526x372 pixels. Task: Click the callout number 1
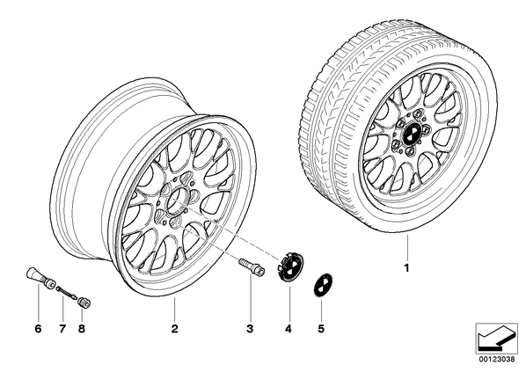pos(407,268)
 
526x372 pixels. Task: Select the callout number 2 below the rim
pos(174,329)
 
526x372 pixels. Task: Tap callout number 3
pos(250,329)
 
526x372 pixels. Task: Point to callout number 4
pos(289,329)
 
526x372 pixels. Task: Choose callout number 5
pos(321,329)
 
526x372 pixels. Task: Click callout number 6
pos(38,329)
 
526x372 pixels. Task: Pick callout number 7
pos(62,329)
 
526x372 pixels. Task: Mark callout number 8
pos(81,329)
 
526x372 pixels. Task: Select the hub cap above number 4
pos(289,264)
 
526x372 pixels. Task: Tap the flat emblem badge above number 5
pos(322,284)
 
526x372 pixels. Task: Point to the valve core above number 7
pos(67,292)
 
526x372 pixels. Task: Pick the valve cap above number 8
pos(84,303)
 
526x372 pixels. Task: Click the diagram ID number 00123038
pos(496,359)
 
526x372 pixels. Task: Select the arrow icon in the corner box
pos(496,339)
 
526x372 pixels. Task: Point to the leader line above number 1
pos(407,248)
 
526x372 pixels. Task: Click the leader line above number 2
pos(174,310)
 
